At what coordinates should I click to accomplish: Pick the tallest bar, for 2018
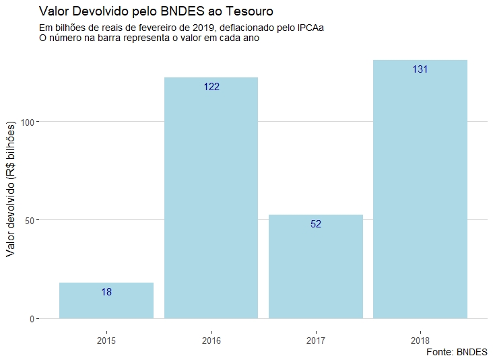(420, 189)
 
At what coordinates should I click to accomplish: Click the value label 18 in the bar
(106, 292)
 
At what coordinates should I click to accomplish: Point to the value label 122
(211, 87)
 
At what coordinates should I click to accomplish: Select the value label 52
(316, 224)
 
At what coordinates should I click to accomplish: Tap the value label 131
(420, 69)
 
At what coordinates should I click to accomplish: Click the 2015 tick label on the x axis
(106, 340)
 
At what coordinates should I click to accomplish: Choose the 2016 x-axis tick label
(211, 340)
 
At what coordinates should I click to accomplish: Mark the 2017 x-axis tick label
(316, 340)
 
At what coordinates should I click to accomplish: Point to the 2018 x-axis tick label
(420, 340)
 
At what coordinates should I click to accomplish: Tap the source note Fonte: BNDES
(457, 352)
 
